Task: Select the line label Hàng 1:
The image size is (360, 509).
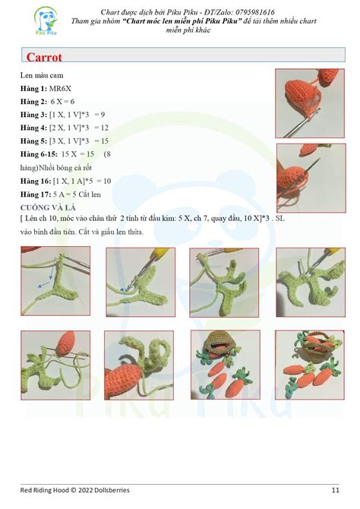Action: (x=33, y=89)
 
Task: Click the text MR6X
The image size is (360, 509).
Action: (x=62, y=89)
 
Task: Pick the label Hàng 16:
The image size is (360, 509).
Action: (x=36, y=181)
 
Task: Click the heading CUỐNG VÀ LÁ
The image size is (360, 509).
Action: (x=52, y=207)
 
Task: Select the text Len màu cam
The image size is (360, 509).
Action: (x=42, y=76)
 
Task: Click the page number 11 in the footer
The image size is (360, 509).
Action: (x=335, y=489)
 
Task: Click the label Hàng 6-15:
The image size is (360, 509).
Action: (x=38, y=154)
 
